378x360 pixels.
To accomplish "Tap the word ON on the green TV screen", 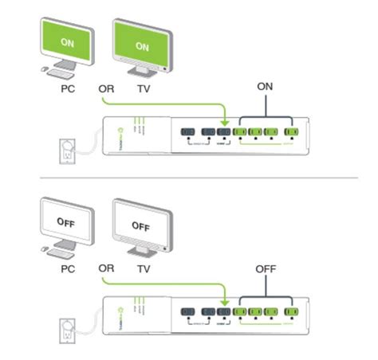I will point(143,46).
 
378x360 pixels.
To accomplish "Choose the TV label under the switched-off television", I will point(144,269).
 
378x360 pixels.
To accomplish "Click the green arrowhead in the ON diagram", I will point(226,119).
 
